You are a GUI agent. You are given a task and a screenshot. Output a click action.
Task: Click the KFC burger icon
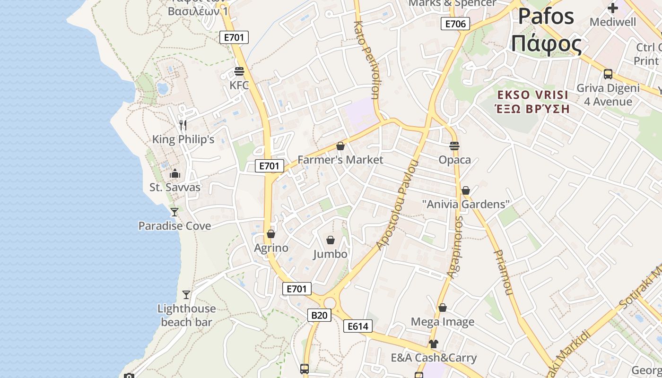pos(239,71)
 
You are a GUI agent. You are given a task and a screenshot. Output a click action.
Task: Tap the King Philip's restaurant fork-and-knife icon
pos(183,125)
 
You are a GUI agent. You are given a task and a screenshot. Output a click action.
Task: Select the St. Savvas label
pos(175,187)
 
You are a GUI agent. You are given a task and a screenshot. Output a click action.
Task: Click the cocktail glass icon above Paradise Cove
pos(174,212)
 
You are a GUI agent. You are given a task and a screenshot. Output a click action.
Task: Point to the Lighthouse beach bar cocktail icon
pos(186,295)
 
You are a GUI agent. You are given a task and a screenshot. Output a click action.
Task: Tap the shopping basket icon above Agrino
pos(271,234)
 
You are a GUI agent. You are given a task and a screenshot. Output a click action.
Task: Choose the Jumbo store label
pos(330,254)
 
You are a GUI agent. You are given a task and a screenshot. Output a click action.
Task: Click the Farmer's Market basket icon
pos(340,146)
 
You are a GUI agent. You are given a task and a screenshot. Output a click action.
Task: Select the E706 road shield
pos(455,24)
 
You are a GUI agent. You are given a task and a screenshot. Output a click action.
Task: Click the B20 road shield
pos(319,315)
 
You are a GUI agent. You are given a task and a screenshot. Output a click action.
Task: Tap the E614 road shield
pos(358,326)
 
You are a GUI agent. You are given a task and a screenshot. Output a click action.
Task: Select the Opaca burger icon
pos(454,146)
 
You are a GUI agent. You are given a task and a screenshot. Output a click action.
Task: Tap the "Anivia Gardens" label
pos(466,205)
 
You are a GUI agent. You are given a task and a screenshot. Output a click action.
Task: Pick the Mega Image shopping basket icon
pos(443,308)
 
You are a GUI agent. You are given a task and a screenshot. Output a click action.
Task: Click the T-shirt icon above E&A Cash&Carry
pos(434,344)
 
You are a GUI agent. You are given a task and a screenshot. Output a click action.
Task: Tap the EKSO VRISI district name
pos(533,94)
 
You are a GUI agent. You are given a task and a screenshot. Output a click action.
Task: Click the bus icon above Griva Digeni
pos(608,74)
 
